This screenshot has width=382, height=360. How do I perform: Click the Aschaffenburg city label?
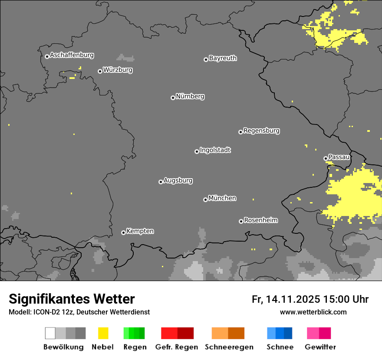(x=72, y=55)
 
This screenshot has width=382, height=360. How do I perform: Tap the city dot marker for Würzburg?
(x=100, y=71)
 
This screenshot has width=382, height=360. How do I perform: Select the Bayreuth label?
(x=223, y=58)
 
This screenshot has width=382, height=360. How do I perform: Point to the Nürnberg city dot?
(x=173, y=98)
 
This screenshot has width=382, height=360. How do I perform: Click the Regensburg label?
(x=261, y=131)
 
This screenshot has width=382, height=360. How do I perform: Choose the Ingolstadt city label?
(x=215, y=150)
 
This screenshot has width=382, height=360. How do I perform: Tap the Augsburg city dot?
(x=161, y=182)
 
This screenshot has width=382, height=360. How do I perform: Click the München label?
(x=222, y=198)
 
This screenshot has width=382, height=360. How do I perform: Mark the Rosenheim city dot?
(x=241, y=221)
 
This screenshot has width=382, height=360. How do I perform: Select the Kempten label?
(x=140, y=231)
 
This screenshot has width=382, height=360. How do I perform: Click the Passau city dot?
(x=326, y=158)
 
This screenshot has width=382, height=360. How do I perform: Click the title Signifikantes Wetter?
(x=72, y=299)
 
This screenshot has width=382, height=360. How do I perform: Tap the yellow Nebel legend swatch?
(x=103, y=333)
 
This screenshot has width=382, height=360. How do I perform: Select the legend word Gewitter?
(x=320, y=347)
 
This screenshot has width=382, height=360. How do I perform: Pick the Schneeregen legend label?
(x=229, y=347)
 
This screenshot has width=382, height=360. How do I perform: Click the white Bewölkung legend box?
(x=50, y=333)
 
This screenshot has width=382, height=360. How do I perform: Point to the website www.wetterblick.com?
(x=313, y=312)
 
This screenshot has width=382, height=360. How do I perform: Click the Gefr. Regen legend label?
(x=176, y=347)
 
